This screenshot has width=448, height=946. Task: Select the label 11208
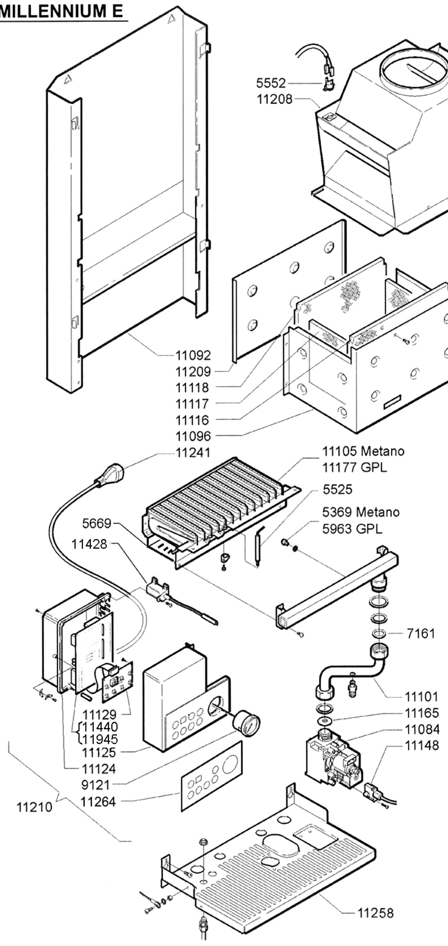click(275, 99)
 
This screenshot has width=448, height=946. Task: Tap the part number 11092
click(193, 355)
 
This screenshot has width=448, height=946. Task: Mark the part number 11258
click(375, 913)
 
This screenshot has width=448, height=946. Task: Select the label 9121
click(95, 785)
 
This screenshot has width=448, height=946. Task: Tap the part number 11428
click(89, 544)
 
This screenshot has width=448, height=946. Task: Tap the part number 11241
click(193, 453)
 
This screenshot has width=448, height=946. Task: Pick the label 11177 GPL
click(354, 467)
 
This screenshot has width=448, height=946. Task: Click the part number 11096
click(193, 436)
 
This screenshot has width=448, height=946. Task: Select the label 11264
click(98, 802)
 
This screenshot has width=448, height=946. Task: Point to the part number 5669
click(96, 524)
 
